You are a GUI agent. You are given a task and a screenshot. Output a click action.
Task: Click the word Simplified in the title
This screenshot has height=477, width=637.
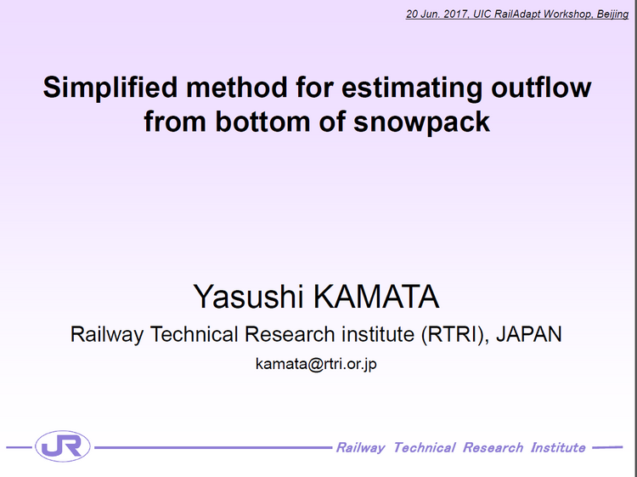pos(110,88)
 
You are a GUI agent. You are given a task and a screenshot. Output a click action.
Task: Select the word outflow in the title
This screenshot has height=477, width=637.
pos(541,87)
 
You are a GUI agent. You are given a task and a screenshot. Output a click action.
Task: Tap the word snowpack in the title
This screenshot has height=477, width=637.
pos(421,122)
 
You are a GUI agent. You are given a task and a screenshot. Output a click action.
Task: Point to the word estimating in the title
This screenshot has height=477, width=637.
pos(412,88)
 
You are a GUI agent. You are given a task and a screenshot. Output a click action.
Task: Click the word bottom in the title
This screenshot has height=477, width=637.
pos(262,122)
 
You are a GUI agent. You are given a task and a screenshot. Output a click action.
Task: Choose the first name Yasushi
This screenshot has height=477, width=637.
pos(248,297)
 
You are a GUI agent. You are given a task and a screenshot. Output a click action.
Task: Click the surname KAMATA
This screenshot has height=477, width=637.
pos(376,297)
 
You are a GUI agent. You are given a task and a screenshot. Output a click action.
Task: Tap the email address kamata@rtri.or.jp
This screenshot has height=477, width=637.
pos(316,364)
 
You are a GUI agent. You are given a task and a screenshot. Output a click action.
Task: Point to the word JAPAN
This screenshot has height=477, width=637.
pos(529,334)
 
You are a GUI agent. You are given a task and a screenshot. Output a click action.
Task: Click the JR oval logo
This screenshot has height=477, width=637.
pos(63,446)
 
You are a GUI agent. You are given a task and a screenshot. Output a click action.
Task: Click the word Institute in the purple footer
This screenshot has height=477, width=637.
pos(558,448)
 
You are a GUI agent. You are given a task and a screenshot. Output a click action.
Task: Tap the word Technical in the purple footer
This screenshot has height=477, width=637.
pos(424,448)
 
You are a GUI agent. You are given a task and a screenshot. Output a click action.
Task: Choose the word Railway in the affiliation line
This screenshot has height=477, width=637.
pos(107,335)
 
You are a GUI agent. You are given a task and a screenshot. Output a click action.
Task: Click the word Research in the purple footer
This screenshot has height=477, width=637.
pos(493,448)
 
